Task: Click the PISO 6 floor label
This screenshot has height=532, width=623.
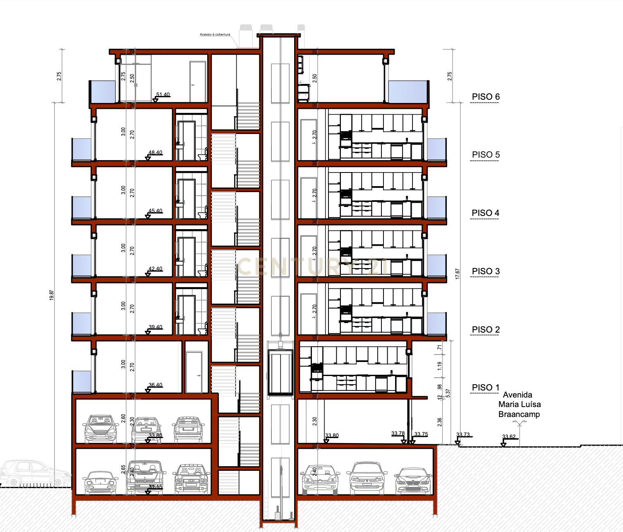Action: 486,97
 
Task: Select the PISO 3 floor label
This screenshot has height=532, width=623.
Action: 486,271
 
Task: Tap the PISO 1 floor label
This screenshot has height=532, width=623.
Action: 486,388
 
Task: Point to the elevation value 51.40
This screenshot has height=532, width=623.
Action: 163,95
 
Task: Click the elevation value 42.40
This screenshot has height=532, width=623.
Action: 156,269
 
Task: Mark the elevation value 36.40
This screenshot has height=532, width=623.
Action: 156,385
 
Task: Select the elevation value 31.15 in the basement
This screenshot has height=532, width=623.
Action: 156,487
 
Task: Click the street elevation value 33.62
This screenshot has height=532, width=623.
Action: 509,437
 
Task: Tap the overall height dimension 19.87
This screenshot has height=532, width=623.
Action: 51,295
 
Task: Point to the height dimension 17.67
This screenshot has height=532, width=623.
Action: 458,274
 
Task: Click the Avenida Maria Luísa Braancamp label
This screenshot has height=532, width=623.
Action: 519,405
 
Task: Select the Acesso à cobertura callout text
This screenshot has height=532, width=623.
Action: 215,35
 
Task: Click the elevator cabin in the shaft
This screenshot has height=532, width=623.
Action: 280,372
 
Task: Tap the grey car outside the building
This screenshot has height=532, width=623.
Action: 33,474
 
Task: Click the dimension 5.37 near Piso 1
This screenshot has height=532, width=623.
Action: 448,393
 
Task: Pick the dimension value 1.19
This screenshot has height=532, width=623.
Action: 440,366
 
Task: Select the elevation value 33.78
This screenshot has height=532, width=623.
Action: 398,434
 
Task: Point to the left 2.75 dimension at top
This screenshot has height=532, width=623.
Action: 59,76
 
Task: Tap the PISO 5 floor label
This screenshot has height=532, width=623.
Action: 486,155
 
